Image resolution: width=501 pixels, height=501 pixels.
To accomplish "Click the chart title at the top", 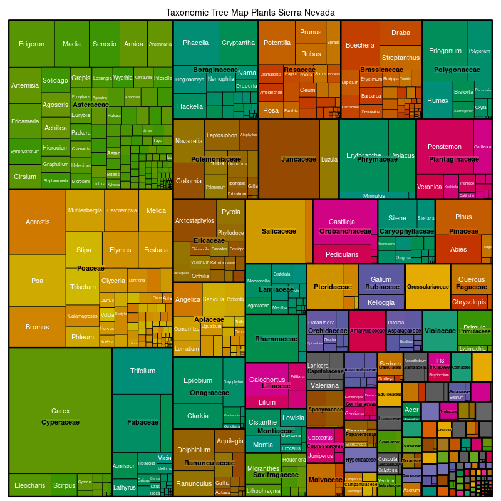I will point(250,13).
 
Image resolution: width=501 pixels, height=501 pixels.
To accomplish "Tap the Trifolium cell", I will point(143,371).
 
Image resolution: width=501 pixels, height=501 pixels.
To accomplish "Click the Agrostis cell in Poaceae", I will point(38,222).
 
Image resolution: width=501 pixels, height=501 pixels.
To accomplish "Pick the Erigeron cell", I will point(31,44).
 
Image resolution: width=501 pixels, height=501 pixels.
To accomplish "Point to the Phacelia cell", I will point(196,43).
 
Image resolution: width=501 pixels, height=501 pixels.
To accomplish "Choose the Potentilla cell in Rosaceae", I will point(277,43).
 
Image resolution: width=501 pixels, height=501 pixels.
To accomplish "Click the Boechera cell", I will point(360,45).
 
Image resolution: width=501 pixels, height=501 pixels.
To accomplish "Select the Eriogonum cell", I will point(445,51).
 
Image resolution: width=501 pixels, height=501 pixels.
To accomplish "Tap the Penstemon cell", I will point(445,147).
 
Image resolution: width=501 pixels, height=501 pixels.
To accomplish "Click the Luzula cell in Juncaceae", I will point(329,159).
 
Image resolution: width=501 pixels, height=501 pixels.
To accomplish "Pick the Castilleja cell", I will point(342,222).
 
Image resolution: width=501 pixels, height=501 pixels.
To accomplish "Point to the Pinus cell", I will point(463,217).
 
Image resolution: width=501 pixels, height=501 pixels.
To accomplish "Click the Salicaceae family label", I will point(279,232).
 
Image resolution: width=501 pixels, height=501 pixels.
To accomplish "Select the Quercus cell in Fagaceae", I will point(472,279).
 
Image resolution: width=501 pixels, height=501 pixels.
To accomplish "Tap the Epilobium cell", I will point(198,380).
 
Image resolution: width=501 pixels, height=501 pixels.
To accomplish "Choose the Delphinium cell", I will point(194,450).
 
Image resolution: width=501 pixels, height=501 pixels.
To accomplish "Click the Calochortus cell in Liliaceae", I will point(267,380).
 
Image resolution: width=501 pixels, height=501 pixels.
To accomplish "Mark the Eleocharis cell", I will point(30,485).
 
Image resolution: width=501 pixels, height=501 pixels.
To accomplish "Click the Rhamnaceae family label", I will point(276,339).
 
